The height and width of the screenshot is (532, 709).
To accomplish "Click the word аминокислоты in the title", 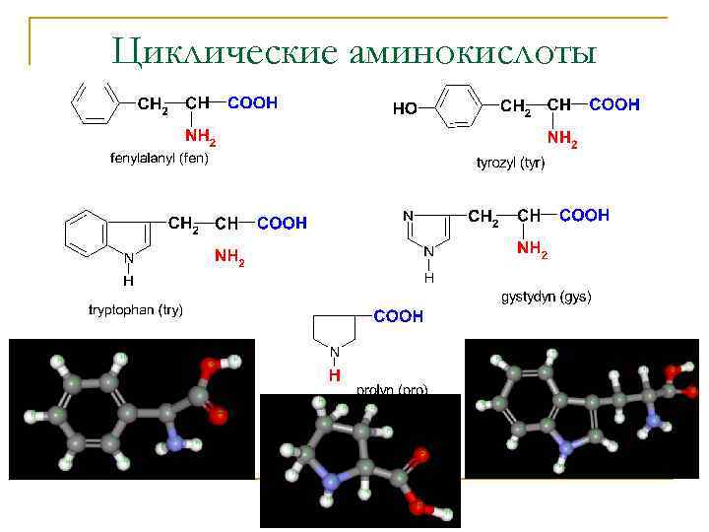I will pos(473,52).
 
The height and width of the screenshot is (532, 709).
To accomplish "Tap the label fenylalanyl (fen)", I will pos(159,158).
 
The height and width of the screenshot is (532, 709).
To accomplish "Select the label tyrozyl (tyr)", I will pos(510,163).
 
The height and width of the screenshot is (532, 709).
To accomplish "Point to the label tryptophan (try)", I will pos(136,310).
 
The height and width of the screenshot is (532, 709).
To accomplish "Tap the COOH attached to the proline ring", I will pos(398,316).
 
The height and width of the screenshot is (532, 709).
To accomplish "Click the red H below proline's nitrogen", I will pos(335,375).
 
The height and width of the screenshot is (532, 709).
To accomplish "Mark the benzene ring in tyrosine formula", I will pos(456,105).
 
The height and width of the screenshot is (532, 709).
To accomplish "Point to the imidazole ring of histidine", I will pos(428,229).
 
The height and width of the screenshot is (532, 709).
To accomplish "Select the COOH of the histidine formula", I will pos(584,215).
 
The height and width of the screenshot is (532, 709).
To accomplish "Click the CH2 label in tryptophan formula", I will pos(184,225).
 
